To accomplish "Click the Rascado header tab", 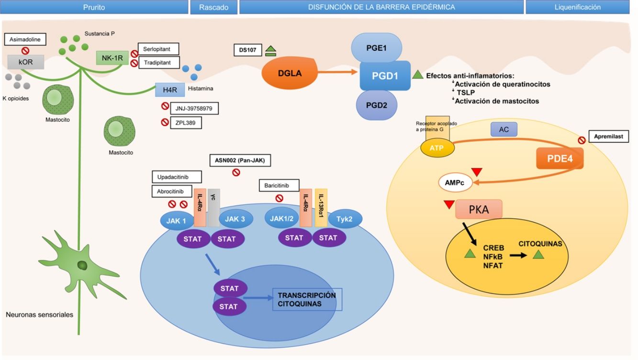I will [213, 7].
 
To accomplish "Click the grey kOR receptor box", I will [26, 62].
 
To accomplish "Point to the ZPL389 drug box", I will [185, 123].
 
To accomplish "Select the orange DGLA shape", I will [285, 73].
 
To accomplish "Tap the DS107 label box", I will [247, 50].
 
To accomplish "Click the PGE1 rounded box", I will [377, 47].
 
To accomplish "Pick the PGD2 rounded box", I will [376, 104].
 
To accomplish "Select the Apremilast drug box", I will [609, 136].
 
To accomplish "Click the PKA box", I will [478, 209].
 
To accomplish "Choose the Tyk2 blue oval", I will [345, 218].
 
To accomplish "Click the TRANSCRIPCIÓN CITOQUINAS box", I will [307, 299].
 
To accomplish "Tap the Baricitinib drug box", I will [279, 185].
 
